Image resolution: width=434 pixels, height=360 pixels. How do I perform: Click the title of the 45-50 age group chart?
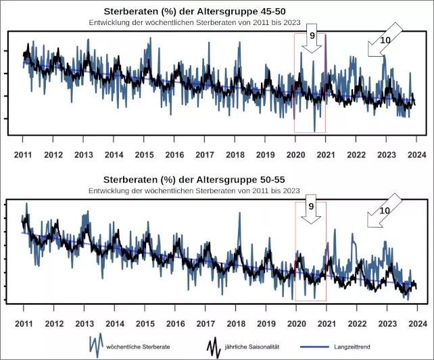pyautogui.click(x=193, y=12)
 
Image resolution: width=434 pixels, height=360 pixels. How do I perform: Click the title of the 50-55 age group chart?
pyautogui.click(x=193, y=181)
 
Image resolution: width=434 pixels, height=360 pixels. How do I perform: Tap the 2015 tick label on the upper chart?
pyautogui.click(x=144, y=155)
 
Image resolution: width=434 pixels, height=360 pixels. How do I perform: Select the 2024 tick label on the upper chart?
pyautogui.click(x=416, y=155)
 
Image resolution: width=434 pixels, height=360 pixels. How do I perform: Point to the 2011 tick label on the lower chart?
pyautogui.click(x=24, y=324)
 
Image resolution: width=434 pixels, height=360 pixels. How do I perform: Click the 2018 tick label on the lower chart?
pyautogui.click(x=235, y=324)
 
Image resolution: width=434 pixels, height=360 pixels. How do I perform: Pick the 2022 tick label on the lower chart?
pyautogui.click(x=356, y=324)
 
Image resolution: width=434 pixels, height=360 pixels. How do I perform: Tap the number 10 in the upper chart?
pyautogui.click(x=385, y=41)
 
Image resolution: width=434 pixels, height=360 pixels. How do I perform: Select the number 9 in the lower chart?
pyautogui.click(x=312, y=205)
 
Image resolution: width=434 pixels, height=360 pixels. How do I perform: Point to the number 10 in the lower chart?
pyautogui.click(x=385, y=211)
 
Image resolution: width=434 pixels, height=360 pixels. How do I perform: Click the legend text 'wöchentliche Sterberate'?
pyautogui.click(x=137, y=346)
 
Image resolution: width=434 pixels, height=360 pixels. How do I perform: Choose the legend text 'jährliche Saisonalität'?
pyautogui.click(x=261, y=346)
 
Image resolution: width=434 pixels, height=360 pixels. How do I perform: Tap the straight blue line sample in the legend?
pyautogui.click(x=310, y=346)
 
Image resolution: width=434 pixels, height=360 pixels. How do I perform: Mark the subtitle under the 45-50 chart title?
pyautogui.click(x=193, y=22)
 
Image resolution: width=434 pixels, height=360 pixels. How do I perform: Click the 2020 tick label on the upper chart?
pyautogui.click(x=295, y=155)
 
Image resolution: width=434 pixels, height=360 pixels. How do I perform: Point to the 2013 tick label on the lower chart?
pyautogui.click(x=84, y=324)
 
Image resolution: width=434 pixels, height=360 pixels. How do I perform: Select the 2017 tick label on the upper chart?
pyautogui.click(x=205, y=155)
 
